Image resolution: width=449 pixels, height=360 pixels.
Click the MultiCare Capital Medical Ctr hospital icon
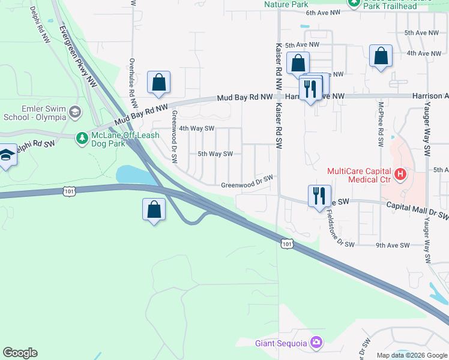click(400, 175)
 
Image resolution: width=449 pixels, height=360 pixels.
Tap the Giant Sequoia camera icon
click(316, 343)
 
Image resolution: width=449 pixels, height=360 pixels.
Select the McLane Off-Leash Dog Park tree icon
click(82, 139)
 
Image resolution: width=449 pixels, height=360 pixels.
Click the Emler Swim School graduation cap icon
click(75, 112)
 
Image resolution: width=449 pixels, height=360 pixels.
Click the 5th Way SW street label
click(215, 154)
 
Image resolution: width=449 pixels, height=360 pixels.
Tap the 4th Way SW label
click(197, 128)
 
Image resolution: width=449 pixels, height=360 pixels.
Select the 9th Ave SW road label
click(393, 245)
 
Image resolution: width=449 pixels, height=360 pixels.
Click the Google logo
click(20, 353)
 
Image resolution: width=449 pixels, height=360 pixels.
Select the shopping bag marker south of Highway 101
click(154, 209)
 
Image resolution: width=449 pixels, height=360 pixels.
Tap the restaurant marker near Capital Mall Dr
click(319, 195)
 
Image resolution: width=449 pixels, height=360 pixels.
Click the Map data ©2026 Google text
click(411, 355)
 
